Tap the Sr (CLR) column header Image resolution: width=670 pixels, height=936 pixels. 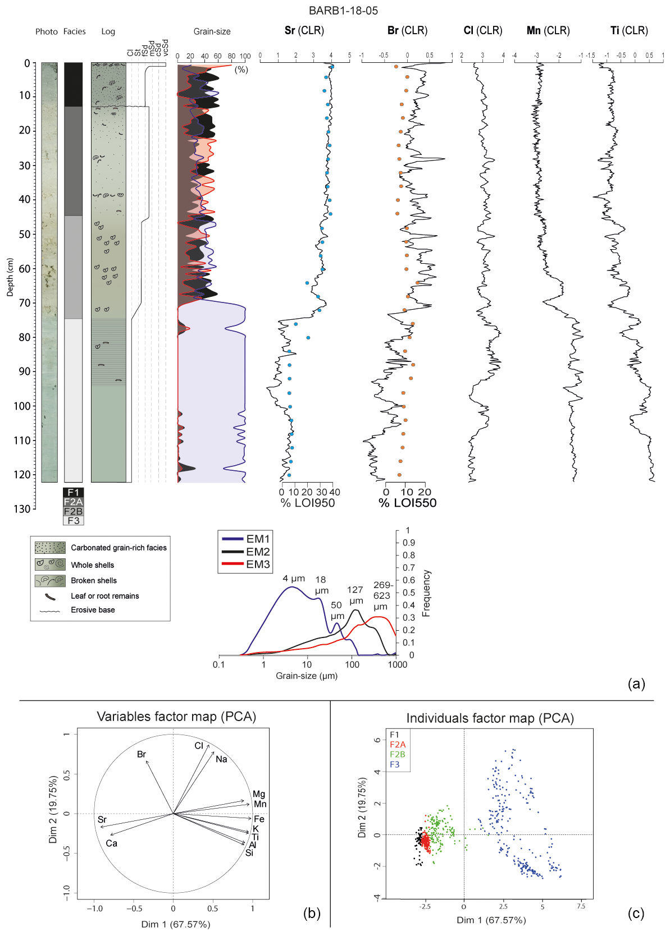pos(304,30)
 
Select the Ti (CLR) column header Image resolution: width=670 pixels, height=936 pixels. pos(629,30)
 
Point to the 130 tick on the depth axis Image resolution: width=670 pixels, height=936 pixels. pos(23,509)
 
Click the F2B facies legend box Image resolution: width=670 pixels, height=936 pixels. pos(73,511)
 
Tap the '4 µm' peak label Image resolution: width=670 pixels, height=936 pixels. pos(293,579)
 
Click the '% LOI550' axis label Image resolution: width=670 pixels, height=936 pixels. pos(407,503)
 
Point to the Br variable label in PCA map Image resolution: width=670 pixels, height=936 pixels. pos(142,754)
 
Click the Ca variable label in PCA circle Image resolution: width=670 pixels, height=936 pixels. pos(111,843)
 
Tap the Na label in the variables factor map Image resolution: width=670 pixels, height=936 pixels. pos(221,759)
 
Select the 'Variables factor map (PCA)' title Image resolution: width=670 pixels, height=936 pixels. pos(176,717)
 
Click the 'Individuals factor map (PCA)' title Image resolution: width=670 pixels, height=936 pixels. pos(490,718)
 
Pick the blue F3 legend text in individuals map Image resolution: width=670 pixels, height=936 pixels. pos(394,764)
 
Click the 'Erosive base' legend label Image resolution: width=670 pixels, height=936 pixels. pos(93,610)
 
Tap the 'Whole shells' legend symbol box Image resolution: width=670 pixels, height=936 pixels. pos(50,565)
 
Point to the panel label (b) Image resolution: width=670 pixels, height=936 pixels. pos(312,913)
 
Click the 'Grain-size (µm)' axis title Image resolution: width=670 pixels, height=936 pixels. pos(307,676)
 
